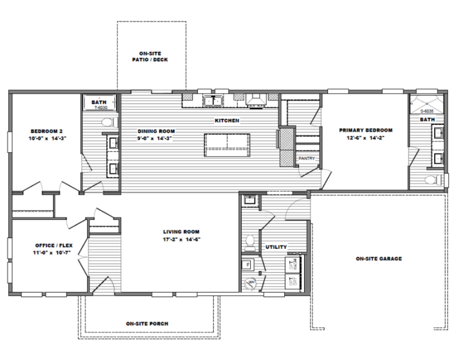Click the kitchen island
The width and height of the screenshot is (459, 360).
(x=227, y=145)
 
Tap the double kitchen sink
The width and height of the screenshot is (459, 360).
(x=213, y=101)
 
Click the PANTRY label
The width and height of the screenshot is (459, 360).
(x=306, y=159)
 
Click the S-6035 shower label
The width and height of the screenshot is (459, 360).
(x=427, y=111)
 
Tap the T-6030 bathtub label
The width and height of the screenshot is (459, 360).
(x=99, y=108)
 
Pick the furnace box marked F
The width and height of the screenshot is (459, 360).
(x=247, y=265)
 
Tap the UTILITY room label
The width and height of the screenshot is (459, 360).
(x=276, y=247)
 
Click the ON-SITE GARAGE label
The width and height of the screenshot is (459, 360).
(x=378, y=259)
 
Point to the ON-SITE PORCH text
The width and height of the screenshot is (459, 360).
(x=147, y=324)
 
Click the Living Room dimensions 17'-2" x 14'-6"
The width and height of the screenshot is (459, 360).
(x=181, y=239)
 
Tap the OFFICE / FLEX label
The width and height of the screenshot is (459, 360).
(x=54, y=246)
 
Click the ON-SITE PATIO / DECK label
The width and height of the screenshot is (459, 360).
(x=150, y=56)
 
